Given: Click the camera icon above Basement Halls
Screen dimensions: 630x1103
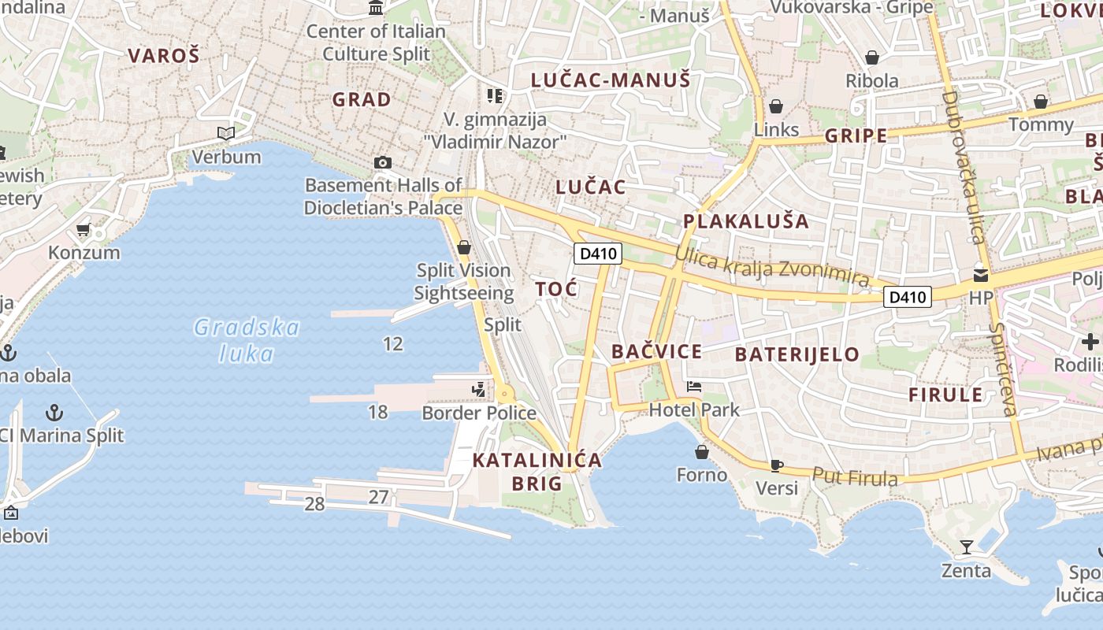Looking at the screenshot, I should coord(383,162).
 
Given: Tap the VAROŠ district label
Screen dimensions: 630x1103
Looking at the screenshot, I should coord(164,55).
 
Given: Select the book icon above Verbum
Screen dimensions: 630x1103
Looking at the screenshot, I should coord(226,134).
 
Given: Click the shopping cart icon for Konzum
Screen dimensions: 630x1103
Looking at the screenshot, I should coord(84,230).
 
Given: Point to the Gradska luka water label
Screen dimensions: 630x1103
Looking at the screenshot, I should coord(247,340).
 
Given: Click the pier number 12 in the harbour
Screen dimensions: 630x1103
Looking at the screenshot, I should coord(392,343).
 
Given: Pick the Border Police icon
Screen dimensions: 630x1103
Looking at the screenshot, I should coord(478,389).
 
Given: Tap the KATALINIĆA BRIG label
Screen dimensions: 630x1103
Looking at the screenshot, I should coord(537,472).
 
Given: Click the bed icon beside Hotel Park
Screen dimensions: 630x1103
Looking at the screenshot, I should coord(694,387).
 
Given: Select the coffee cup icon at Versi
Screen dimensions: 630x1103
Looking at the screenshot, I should coord(776,465).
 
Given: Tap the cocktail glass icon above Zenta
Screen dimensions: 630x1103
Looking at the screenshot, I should coord(967,547).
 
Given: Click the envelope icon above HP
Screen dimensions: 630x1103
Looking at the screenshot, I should coord(981,275).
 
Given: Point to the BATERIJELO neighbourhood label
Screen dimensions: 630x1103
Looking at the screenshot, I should coord(797,354).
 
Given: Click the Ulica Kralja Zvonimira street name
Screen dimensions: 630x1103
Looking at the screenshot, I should coord(772,268).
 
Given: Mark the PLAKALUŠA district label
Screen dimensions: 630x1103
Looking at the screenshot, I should coord(746,220).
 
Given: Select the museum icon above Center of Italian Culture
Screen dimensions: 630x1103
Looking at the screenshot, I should coord(376,8).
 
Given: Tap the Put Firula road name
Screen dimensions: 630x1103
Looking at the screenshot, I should coord(855,476).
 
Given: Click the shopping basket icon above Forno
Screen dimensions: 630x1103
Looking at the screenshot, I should coord(702,452).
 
